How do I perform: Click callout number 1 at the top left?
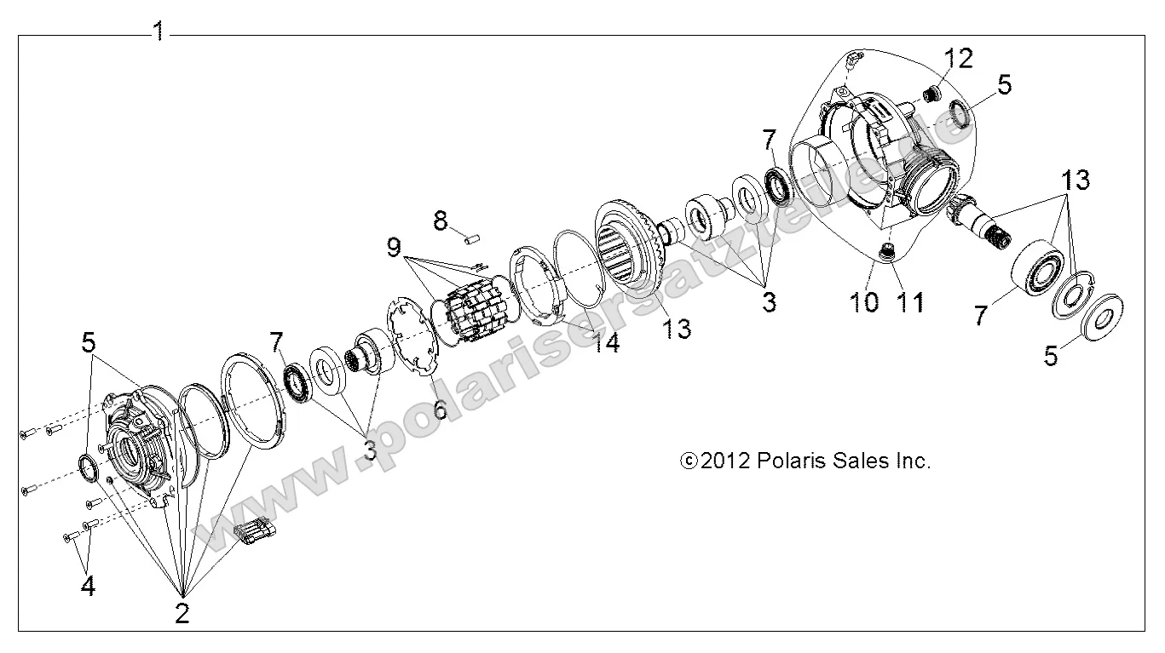click(158, 32)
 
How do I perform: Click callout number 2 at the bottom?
click(182, 613)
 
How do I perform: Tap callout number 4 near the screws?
click(88, 587)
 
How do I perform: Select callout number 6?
click(440, 409)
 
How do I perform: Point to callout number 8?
click(440, 221)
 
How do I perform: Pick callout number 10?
click(866, 301)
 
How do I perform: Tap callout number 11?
click(911, 301)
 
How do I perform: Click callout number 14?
click(608, 342)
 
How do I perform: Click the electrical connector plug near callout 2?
click(254, 535)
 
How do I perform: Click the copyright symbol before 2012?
click(689, 461)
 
